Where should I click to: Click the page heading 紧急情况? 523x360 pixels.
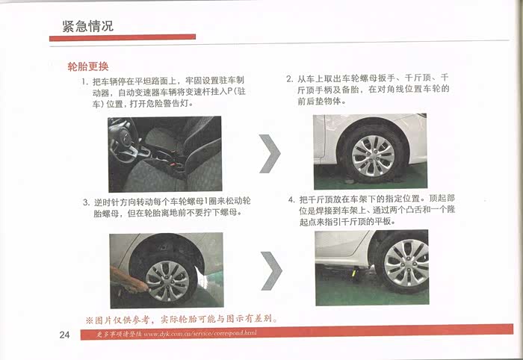[87, 26]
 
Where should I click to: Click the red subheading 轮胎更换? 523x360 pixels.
[88, 66]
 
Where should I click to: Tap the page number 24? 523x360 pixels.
[64, 335]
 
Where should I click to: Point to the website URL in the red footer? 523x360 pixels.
[200, 333]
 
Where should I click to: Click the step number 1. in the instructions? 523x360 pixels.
[85, 81]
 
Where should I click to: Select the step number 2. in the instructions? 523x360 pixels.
[290, 79]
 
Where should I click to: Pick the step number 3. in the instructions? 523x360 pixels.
[87, 202]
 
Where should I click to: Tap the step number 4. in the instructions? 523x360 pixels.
[291, 199]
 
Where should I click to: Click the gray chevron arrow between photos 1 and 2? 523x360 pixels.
[270, 154]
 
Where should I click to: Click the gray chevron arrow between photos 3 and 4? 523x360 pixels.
[271, 270]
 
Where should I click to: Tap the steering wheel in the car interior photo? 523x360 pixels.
[124, 142]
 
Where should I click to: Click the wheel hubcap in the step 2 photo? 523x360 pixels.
[373, 155]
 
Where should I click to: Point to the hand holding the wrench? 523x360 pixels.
[129, 280]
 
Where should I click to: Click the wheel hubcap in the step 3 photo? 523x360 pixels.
[167, 281]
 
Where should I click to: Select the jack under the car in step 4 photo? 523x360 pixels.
[355, 272]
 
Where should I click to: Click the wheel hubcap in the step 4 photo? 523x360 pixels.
[406, 263]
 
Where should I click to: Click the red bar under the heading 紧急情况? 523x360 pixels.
[123, 37]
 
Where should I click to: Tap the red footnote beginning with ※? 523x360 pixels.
[182, 320]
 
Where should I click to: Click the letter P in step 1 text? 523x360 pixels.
[229, 92]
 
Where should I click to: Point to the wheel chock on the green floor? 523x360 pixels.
[350, 181]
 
